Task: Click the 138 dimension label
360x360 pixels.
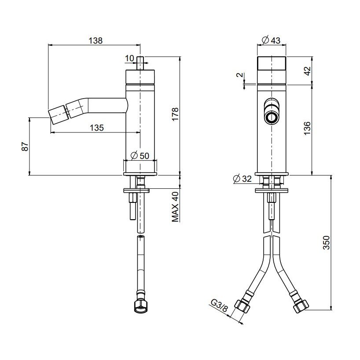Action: click(x=96, y=40)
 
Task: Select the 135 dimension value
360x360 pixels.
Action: click(x=97, y=128)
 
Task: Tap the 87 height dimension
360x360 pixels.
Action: click(x=25, y=147)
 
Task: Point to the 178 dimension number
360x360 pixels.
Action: click(x=175, y=114)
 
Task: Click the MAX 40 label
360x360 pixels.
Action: click(x=175, y=207)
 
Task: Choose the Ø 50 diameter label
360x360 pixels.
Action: click(x=140, y=156)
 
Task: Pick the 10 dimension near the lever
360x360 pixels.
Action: click(x=129, y=59)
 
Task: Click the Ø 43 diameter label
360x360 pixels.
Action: click(x=271, y=40)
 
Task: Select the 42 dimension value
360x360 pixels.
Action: click(x=308, y=71)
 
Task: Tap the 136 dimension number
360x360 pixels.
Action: click(x=307, y=128)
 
